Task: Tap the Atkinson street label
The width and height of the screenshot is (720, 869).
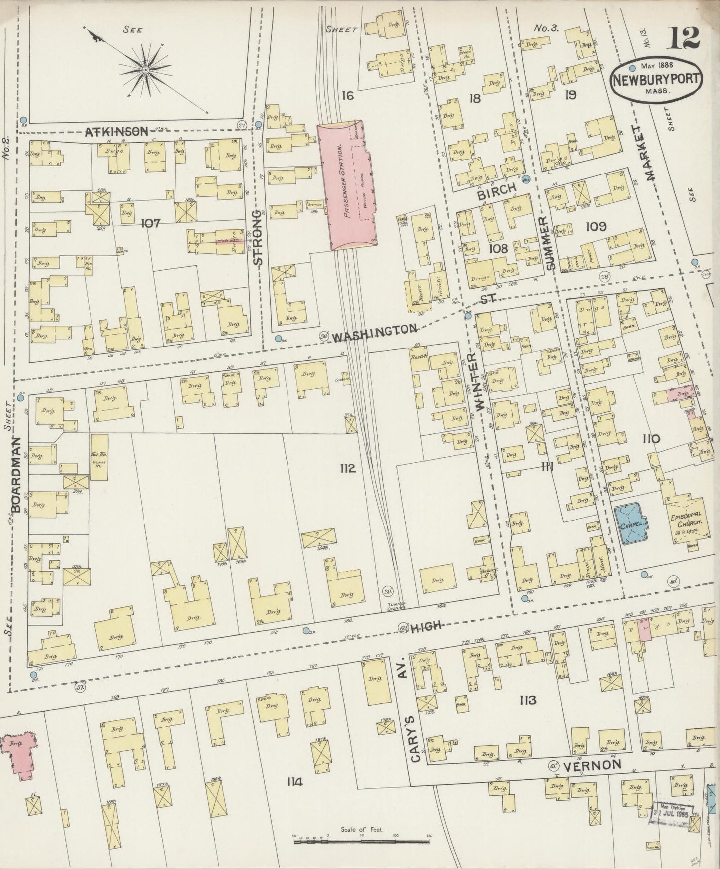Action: pos(117,132)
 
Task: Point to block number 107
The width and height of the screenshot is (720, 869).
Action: pos(150,223)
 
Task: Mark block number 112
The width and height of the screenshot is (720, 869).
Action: pos(348,468)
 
